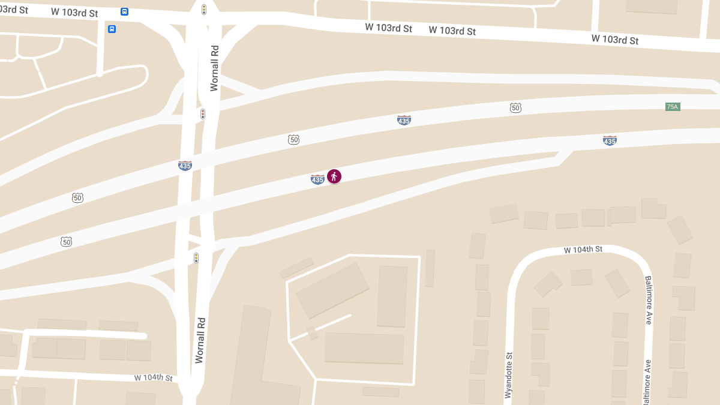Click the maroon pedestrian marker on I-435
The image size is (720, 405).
(334, 176)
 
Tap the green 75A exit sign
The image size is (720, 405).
(672, 107)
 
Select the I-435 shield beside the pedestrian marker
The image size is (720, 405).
(317, 179)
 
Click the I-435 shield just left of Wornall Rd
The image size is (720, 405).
(185, 165)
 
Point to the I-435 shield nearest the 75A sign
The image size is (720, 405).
(610, 140)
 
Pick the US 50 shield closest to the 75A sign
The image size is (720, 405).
(515, 108)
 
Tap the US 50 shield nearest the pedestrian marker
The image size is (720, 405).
(293, 140)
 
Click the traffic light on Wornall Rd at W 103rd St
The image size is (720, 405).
(204, 10)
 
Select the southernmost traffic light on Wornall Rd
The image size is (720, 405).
(196, 258)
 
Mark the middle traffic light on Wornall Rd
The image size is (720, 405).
(203, 114)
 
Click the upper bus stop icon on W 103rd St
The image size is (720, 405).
(124, 11)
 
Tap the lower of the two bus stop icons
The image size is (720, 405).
(112, 29)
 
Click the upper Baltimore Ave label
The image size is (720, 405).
(648, 300)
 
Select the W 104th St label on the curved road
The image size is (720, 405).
(583, 249)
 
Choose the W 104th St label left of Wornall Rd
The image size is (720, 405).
(153, 378)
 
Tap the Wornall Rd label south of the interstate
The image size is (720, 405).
(200, 340)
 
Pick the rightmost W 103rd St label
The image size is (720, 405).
(614, 40)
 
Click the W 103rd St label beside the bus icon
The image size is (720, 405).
(74, 12)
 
